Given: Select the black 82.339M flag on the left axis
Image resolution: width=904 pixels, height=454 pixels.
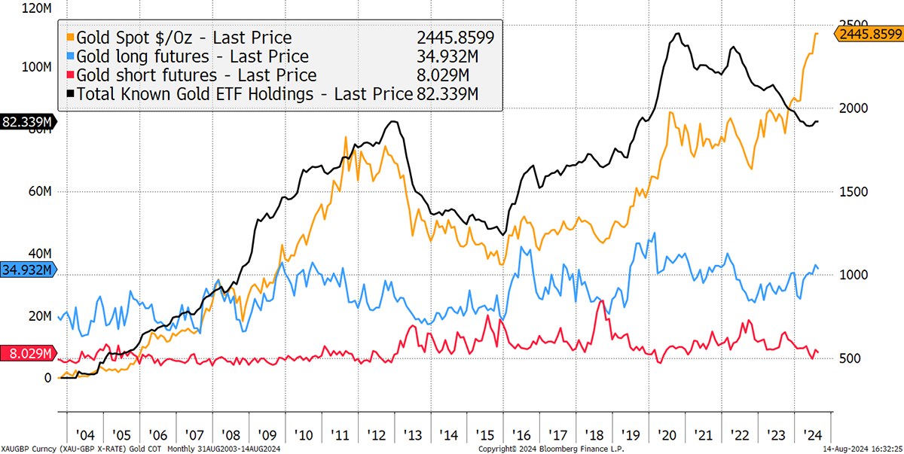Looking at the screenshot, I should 27,123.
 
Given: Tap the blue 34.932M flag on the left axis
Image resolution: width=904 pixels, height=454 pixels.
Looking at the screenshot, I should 27,270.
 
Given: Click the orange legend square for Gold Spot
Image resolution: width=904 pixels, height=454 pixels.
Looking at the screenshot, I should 71,38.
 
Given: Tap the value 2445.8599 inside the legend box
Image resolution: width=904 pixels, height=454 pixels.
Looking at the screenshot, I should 456,38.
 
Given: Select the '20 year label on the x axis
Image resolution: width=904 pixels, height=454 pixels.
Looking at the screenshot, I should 666,435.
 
